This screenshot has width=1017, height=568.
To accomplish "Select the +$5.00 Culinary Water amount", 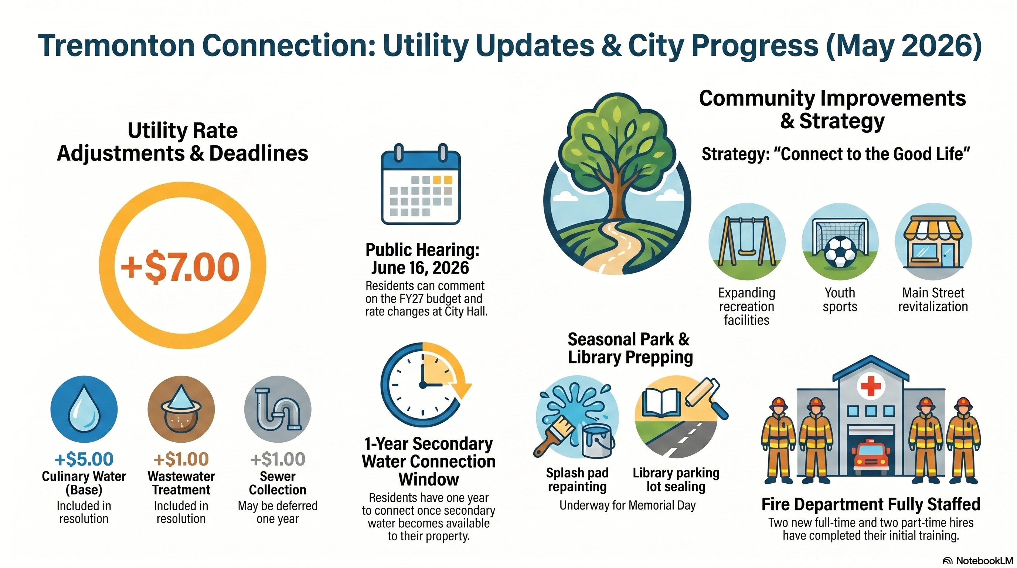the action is pyautogui.click(x=84, y=459).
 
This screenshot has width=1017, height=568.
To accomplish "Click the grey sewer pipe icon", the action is pyautogui.click(x=278, y=409).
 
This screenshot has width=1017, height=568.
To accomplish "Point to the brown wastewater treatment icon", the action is pyautogui.click(x=181, y=409).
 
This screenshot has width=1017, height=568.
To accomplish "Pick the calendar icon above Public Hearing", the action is pyautogui.click(x=421, y=184).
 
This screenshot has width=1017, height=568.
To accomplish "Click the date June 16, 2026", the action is pyautogui.click(x=420, y=268).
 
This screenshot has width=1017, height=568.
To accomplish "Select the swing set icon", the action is pyautogui.click(x=746, y=242).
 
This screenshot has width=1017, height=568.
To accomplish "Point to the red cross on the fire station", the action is pyautogui.click(x=871, y=386).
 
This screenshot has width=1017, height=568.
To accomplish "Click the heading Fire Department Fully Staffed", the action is pyautogui.click(x=871, y=504).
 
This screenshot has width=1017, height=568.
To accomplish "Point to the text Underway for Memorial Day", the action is pyautogui.click(x=627, y=505).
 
